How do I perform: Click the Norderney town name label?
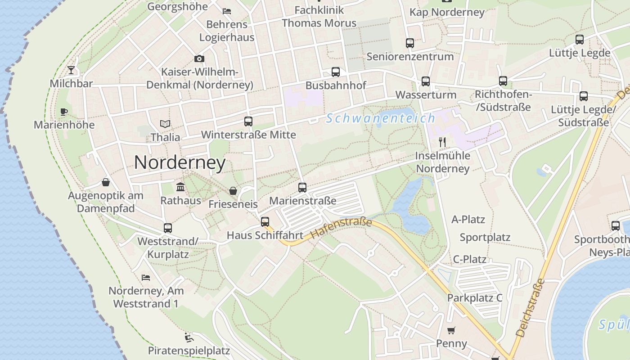coord(180,162)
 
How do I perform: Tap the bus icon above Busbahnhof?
coord(336,72)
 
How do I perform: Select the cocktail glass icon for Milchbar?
coord(71,70)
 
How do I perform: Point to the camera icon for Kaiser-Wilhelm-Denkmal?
coord(199,58)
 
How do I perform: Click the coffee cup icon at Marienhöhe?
coord(64,112)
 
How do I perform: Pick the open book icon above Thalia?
coord(165,124)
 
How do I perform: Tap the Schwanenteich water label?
coord(381,118)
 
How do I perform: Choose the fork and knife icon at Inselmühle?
coord(442,142)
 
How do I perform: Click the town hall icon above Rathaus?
coord(180,187)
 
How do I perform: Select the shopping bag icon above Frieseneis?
coord(233,191)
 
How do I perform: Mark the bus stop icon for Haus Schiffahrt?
coord(265,221)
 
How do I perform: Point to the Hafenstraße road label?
coord(342,228)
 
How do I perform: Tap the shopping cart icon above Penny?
coord(451,330)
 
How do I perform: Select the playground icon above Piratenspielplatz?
coord(189,337)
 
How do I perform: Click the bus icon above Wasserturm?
coord(426,81)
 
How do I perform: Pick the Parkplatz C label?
coord(474,298)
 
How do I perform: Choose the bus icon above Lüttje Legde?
coord(580,39)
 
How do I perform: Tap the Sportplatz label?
coord(485,237)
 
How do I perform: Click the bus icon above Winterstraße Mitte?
coord(248,121)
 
